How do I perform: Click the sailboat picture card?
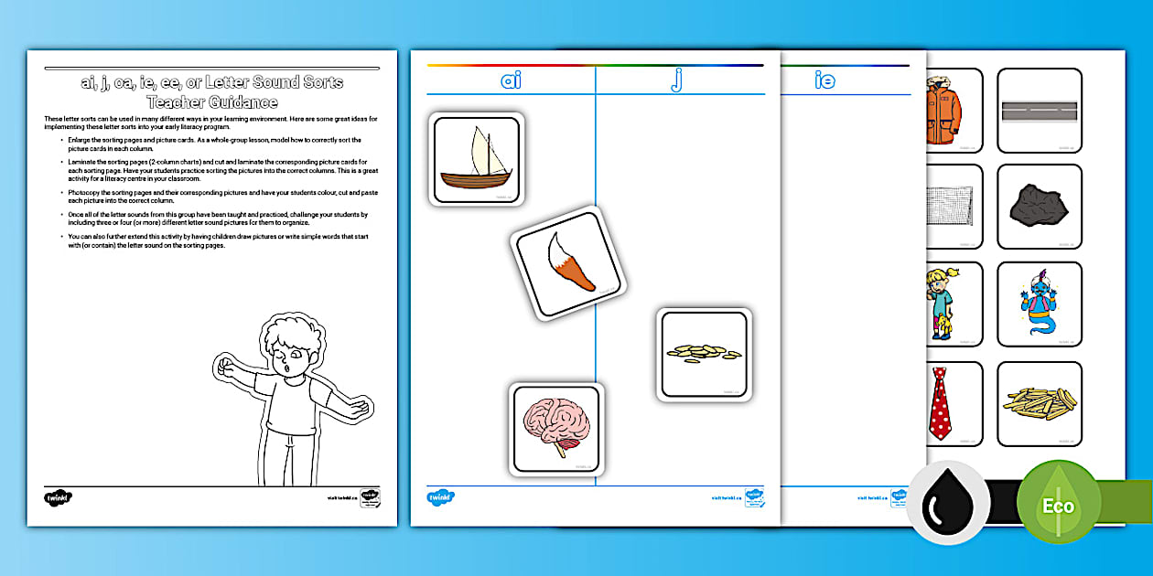pos(476,159)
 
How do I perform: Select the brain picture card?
pos(556,428)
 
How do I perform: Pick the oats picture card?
pos(704,354)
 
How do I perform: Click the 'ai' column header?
pos(511,80)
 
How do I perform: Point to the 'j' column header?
pos(677,80)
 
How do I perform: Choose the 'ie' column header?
pos(824,80)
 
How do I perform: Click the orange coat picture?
pos(943,111)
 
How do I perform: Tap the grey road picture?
pos(1039,111)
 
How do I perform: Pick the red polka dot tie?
pos(942,403)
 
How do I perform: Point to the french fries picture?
pos(1039,403)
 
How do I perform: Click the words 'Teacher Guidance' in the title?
pos(211,101)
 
